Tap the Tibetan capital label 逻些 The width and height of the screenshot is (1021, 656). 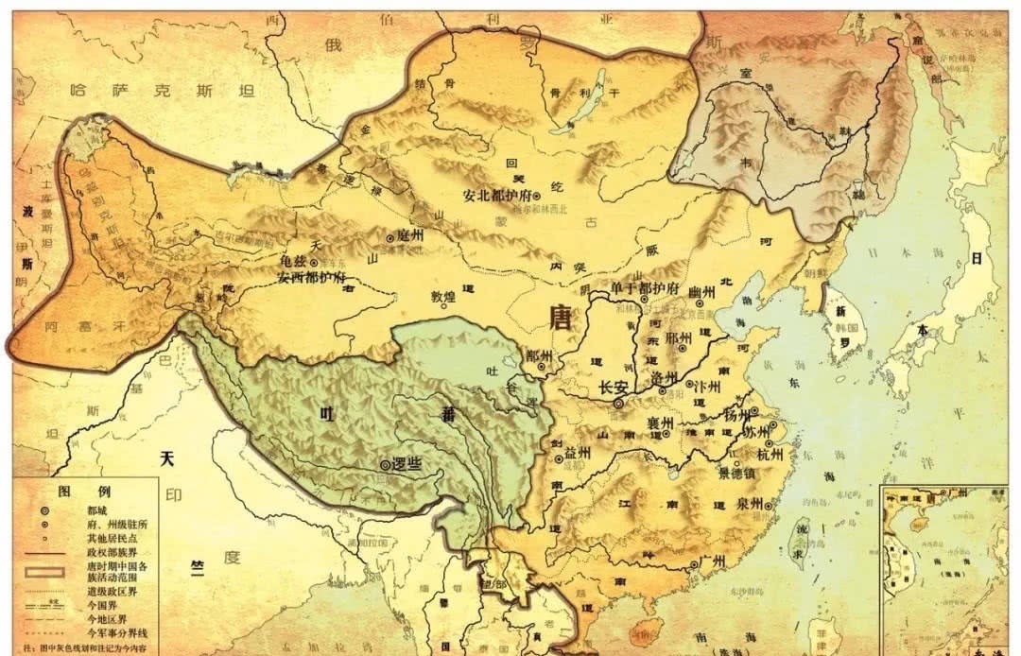[406, 464]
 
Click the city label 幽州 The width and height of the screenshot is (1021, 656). [701, 293]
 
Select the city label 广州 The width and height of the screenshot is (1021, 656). [711, 561]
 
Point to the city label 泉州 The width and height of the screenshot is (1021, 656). [751, 504]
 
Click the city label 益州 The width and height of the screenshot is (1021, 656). [578, 454]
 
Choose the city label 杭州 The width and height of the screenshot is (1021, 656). [771, 454]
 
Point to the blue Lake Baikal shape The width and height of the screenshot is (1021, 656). [584, 113]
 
